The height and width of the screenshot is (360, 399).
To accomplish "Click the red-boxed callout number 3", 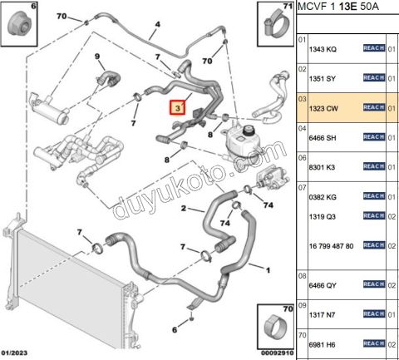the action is coord(178,107).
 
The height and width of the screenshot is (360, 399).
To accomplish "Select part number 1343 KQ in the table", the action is coord(323,49).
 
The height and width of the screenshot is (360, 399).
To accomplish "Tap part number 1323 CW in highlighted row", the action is coord(323,108).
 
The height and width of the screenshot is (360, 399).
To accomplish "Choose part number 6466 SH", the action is coord(323,138).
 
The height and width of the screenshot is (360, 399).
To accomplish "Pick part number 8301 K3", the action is coord(322,167).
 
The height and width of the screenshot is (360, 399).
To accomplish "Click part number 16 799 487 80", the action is coord(332,246).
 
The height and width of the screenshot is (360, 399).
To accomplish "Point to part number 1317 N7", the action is coord(322,315).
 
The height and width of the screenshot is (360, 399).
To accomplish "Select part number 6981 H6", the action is coord(323,345).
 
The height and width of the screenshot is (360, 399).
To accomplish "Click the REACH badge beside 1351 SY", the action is coord(374,77).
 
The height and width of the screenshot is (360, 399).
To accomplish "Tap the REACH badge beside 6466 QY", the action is coord(374,284).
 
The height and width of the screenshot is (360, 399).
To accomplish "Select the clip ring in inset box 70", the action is coord(273,329).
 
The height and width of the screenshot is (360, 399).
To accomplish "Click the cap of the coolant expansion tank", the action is coord(249,131).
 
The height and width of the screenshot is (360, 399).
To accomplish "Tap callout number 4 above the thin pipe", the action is coord(157,25).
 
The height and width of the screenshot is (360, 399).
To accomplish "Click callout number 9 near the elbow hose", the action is coord(97,57).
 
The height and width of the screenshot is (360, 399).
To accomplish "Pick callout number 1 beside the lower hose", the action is coord(268,270).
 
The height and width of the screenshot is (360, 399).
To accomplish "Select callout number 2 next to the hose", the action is coord(184,208).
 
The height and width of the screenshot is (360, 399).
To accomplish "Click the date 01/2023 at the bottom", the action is coord(14,353).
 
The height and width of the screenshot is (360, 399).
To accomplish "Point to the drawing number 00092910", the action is coord(277,353).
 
